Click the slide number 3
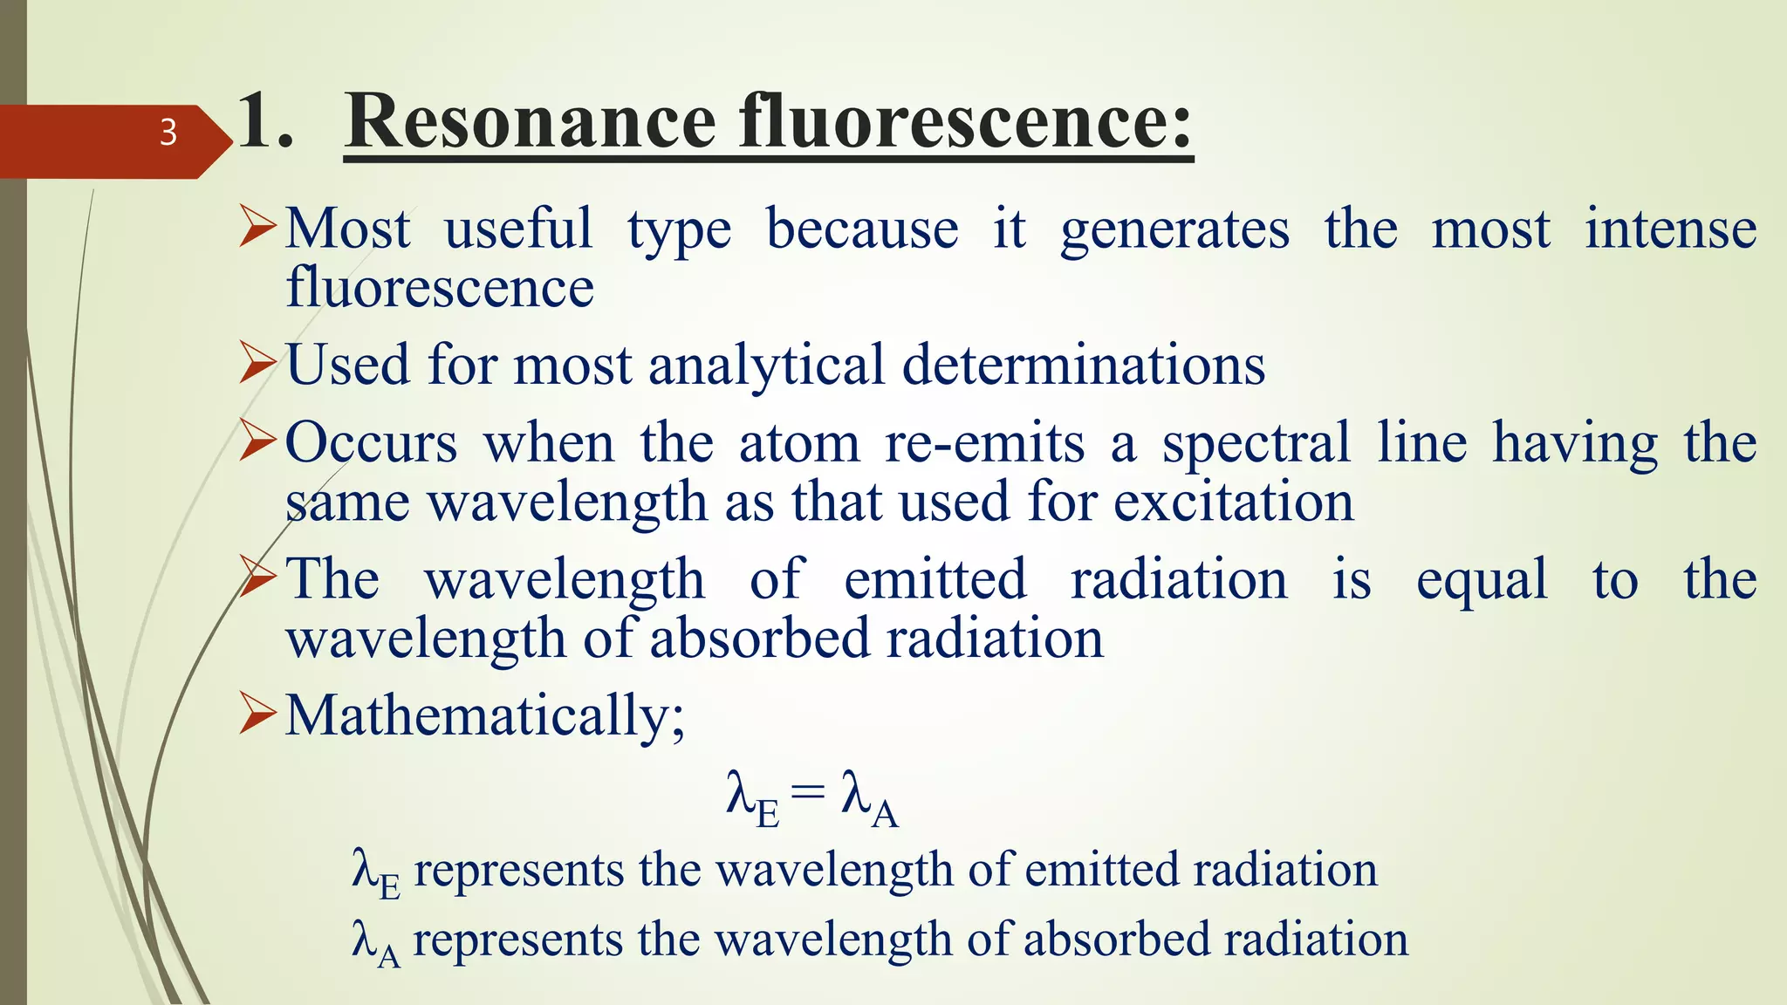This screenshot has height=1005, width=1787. (x=168, y=133)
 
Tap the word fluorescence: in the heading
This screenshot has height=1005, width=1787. (x=966, y=122)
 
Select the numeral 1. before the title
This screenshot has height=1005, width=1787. (x=264, y=122)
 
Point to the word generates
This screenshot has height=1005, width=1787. (x=1174, y=230)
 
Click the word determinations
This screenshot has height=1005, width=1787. (x=1083, y=365)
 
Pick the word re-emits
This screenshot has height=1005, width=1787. (x=984, y=443)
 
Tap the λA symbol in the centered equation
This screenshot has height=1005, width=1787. (x=869, y=798)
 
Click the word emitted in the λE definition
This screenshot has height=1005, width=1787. (x=1102, y=870)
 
